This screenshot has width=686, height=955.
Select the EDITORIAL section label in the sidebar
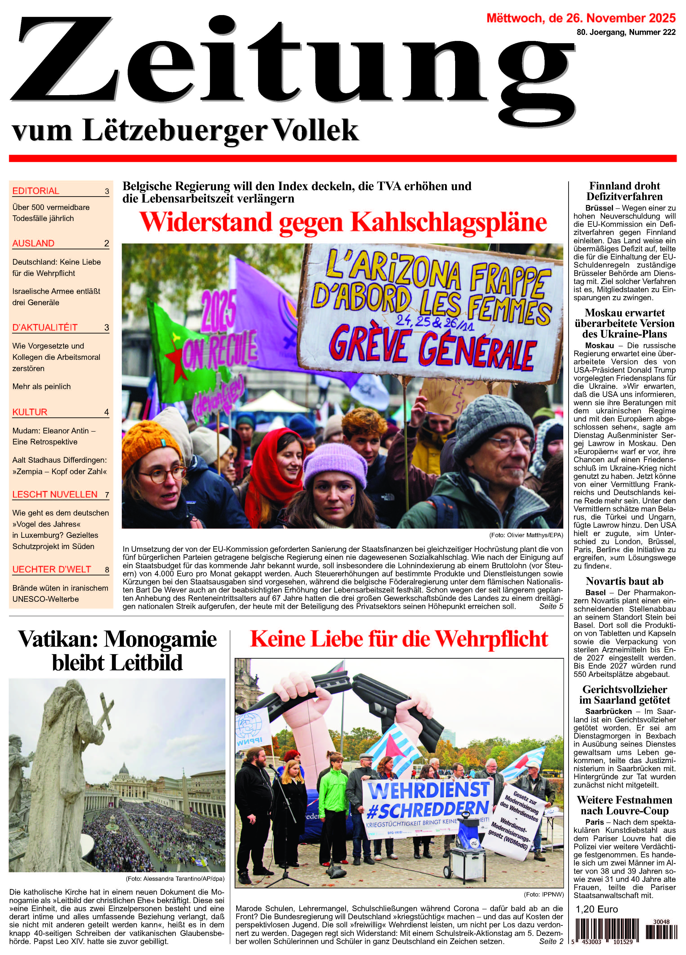pyautogui.click(x=36, y=191)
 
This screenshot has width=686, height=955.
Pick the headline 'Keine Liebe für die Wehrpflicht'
pyautogui.click(x=399, y=639)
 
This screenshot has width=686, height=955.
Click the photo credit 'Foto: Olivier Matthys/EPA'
pyautogui.click(x=526, y=535)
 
